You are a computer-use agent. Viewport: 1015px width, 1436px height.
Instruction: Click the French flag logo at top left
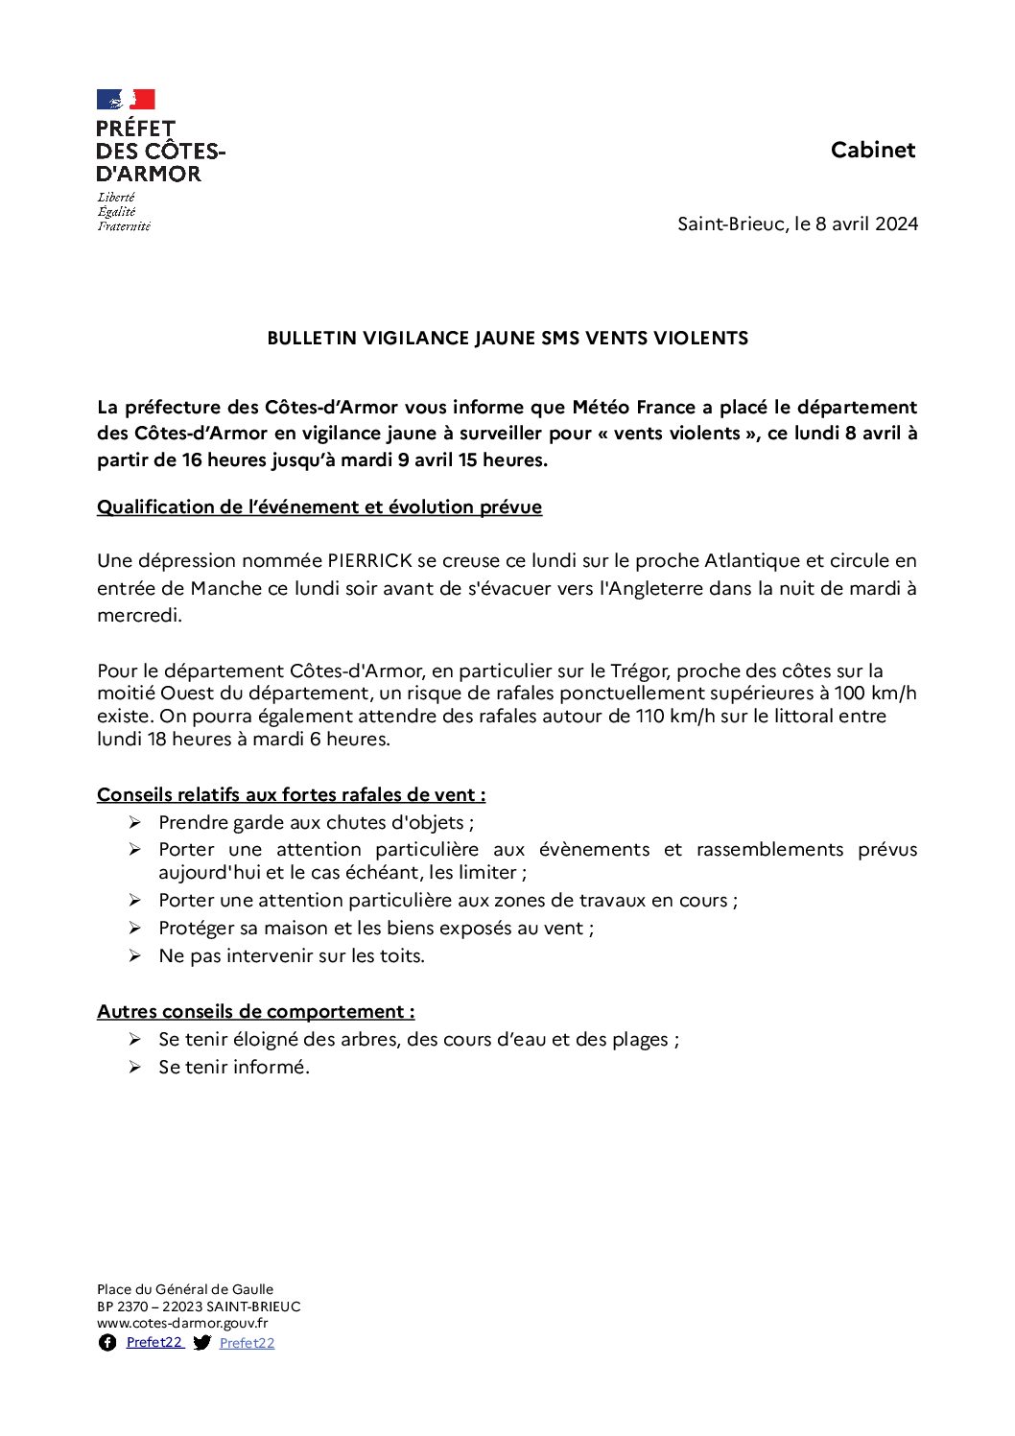coord(126,100)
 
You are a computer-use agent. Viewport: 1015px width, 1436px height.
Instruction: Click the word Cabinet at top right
coord(873,150)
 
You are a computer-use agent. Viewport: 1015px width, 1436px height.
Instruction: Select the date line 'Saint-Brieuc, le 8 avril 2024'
coord(797,224)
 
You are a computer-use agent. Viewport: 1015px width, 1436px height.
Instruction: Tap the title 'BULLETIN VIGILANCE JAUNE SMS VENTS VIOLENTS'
coord(507,339)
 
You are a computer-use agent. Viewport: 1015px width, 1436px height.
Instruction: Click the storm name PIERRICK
coord(369,561)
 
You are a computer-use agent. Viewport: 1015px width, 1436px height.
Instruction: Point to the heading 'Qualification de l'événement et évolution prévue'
coord(319,507)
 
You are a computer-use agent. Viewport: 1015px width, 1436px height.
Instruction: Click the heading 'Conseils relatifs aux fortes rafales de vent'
coord(291,795)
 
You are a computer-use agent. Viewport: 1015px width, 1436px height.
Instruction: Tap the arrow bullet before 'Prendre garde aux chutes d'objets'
coord(135,823)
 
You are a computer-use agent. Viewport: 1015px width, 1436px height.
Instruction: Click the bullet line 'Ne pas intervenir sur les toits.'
coord(291,956)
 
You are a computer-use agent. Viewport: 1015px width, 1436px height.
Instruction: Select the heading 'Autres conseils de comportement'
coord(255,1012)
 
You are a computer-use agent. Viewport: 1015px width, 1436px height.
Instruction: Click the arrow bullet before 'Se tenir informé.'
coord(135,1068)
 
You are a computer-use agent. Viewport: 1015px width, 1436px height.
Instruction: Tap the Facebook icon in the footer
coord(107,1343)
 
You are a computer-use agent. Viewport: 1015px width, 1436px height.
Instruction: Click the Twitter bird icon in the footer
coord(201,1343)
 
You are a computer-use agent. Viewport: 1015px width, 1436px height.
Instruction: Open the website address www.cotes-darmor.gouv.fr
coord(182,1324)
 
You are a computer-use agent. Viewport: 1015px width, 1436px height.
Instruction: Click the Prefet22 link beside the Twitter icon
coord(247,1344)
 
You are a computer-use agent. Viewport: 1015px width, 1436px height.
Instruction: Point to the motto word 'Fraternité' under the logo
coord(124,226)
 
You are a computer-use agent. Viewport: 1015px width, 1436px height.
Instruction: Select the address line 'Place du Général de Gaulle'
coord(185,1290)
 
